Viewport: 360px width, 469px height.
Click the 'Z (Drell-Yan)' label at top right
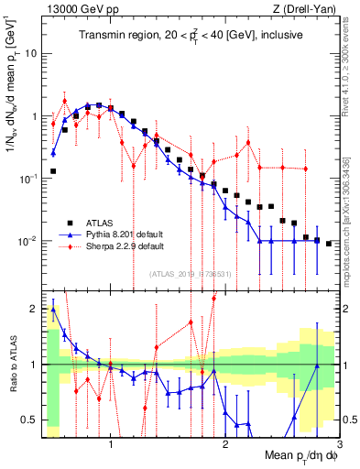tap(303, 9)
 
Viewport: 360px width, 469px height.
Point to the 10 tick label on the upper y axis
tap(30, 53)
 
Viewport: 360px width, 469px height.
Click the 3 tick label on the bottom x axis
tap(338, 446)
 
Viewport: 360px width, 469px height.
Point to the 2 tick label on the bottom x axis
tap(224, 446)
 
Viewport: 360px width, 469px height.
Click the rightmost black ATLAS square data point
tap(328, 244)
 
